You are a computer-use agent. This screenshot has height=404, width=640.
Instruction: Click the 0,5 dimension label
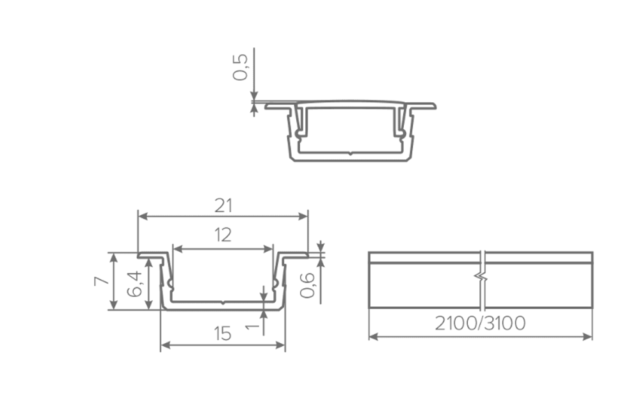click(x=240, y=67)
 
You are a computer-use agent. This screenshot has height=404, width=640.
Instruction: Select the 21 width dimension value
click(x=223, y=206)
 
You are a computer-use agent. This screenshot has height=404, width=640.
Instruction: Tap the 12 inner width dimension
click(x=223, y=235)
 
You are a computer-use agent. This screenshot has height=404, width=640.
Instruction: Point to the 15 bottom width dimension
click(x=223, y=334)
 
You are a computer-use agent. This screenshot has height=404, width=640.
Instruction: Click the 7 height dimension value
click(x=101, y=281)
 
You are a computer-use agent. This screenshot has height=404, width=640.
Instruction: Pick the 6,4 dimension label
click(x=134, y=284)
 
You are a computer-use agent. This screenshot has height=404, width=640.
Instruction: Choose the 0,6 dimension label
click(x=307, y=285)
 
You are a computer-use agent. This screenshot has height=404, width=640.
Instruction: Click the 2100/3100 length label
click(x=480, y=323)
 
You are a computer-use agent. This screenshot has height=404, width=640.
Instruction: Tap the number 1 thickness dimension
click(x=253, y=326)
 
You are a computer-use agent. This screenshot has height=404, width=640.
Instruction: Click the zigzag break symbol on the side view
click(x=481, y=279)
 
